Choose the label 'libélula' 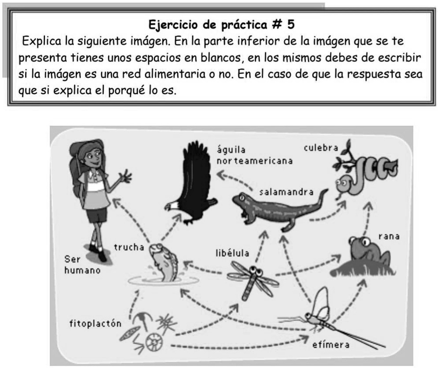click(x=232, y=253)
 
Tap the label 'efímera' click(x=331, y=345)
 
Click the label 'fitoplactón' click(x=95, y=323)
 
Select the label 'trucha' click(x=129, y=247)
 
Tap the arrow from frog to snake click(x=367, y=218)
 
